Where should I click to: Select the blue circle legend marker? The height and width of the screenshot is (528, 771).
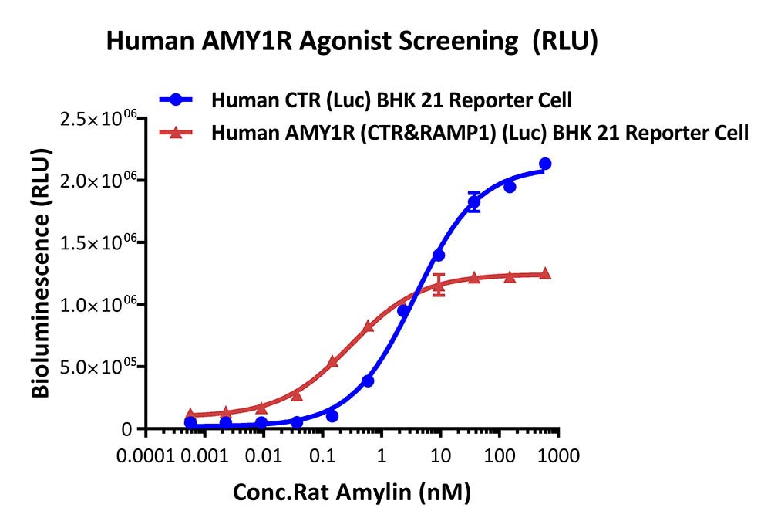177,100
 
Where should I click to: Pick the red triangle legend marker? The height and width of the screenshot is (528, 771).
177,132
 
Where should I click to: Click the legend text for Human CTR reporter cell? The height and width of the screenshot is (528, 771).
392,100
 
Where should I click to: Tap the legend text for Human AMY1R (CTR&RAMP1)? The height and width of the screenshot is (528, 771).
480,133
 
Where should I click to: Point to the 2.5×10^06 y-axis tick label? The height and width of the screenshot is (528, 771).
97,119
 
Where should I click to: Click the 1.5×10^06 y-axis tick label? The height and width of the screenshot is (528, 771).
97,243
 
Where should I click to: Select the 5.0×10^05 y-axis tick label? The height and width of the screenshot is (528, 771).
97,367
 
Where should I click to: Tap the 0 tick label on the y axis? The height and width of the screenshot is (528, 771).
127,430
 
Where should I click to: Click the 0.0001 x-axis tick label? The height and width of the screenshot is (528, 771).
146,456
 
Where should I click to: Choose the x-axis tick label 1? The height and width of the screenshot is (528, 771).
381,456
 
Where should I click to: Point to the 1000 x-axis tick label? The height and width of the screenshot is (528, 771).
558,456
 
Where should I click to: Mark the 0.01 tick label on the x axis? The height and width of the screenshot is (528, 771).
264,456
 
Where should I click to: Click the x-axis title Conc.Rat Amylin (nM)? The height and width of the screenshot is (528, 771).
352,492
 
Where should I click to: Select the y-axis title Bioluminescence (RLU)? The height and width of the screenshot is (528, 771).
42,272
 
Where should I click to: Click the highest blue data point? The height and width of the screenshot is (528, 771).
545,164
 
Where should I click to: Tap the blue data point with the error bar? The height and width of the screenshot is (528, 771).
474,201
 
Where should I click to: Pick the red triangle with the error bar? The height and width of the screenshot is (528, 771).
439,285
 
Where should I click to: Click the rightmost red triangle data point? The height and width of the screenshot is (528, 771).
545,273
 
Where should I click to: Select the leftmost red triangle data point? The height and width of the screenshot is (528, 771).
190,414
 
